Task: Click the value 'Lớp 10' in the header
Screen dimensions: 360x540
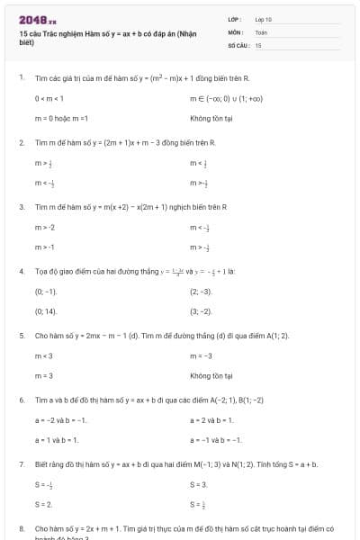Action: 264,19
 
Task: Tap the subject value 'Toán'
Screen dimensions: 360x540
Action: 261,31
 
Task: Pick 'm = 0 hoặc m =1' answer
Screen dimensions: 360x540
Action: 61,118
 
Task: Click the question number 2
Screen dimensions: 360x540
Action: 21,142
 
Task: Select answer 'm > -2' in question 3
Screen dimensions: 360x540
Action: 45,227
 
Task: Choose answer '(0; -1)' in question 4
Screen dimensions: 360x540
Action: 46,292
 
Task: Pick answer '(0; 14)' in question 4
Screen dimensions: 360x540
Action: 46,311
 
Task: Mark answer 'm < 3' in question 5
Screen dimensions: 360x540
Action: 43,355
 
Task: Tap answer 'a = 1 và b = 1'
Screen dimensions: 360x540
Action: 57,439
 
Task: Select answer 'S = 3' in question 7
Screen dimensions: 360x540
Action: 198,484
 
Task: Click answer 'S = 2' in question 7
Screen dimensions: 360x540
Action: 43,504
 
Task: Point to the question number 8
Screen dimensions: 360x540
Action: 21,528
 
